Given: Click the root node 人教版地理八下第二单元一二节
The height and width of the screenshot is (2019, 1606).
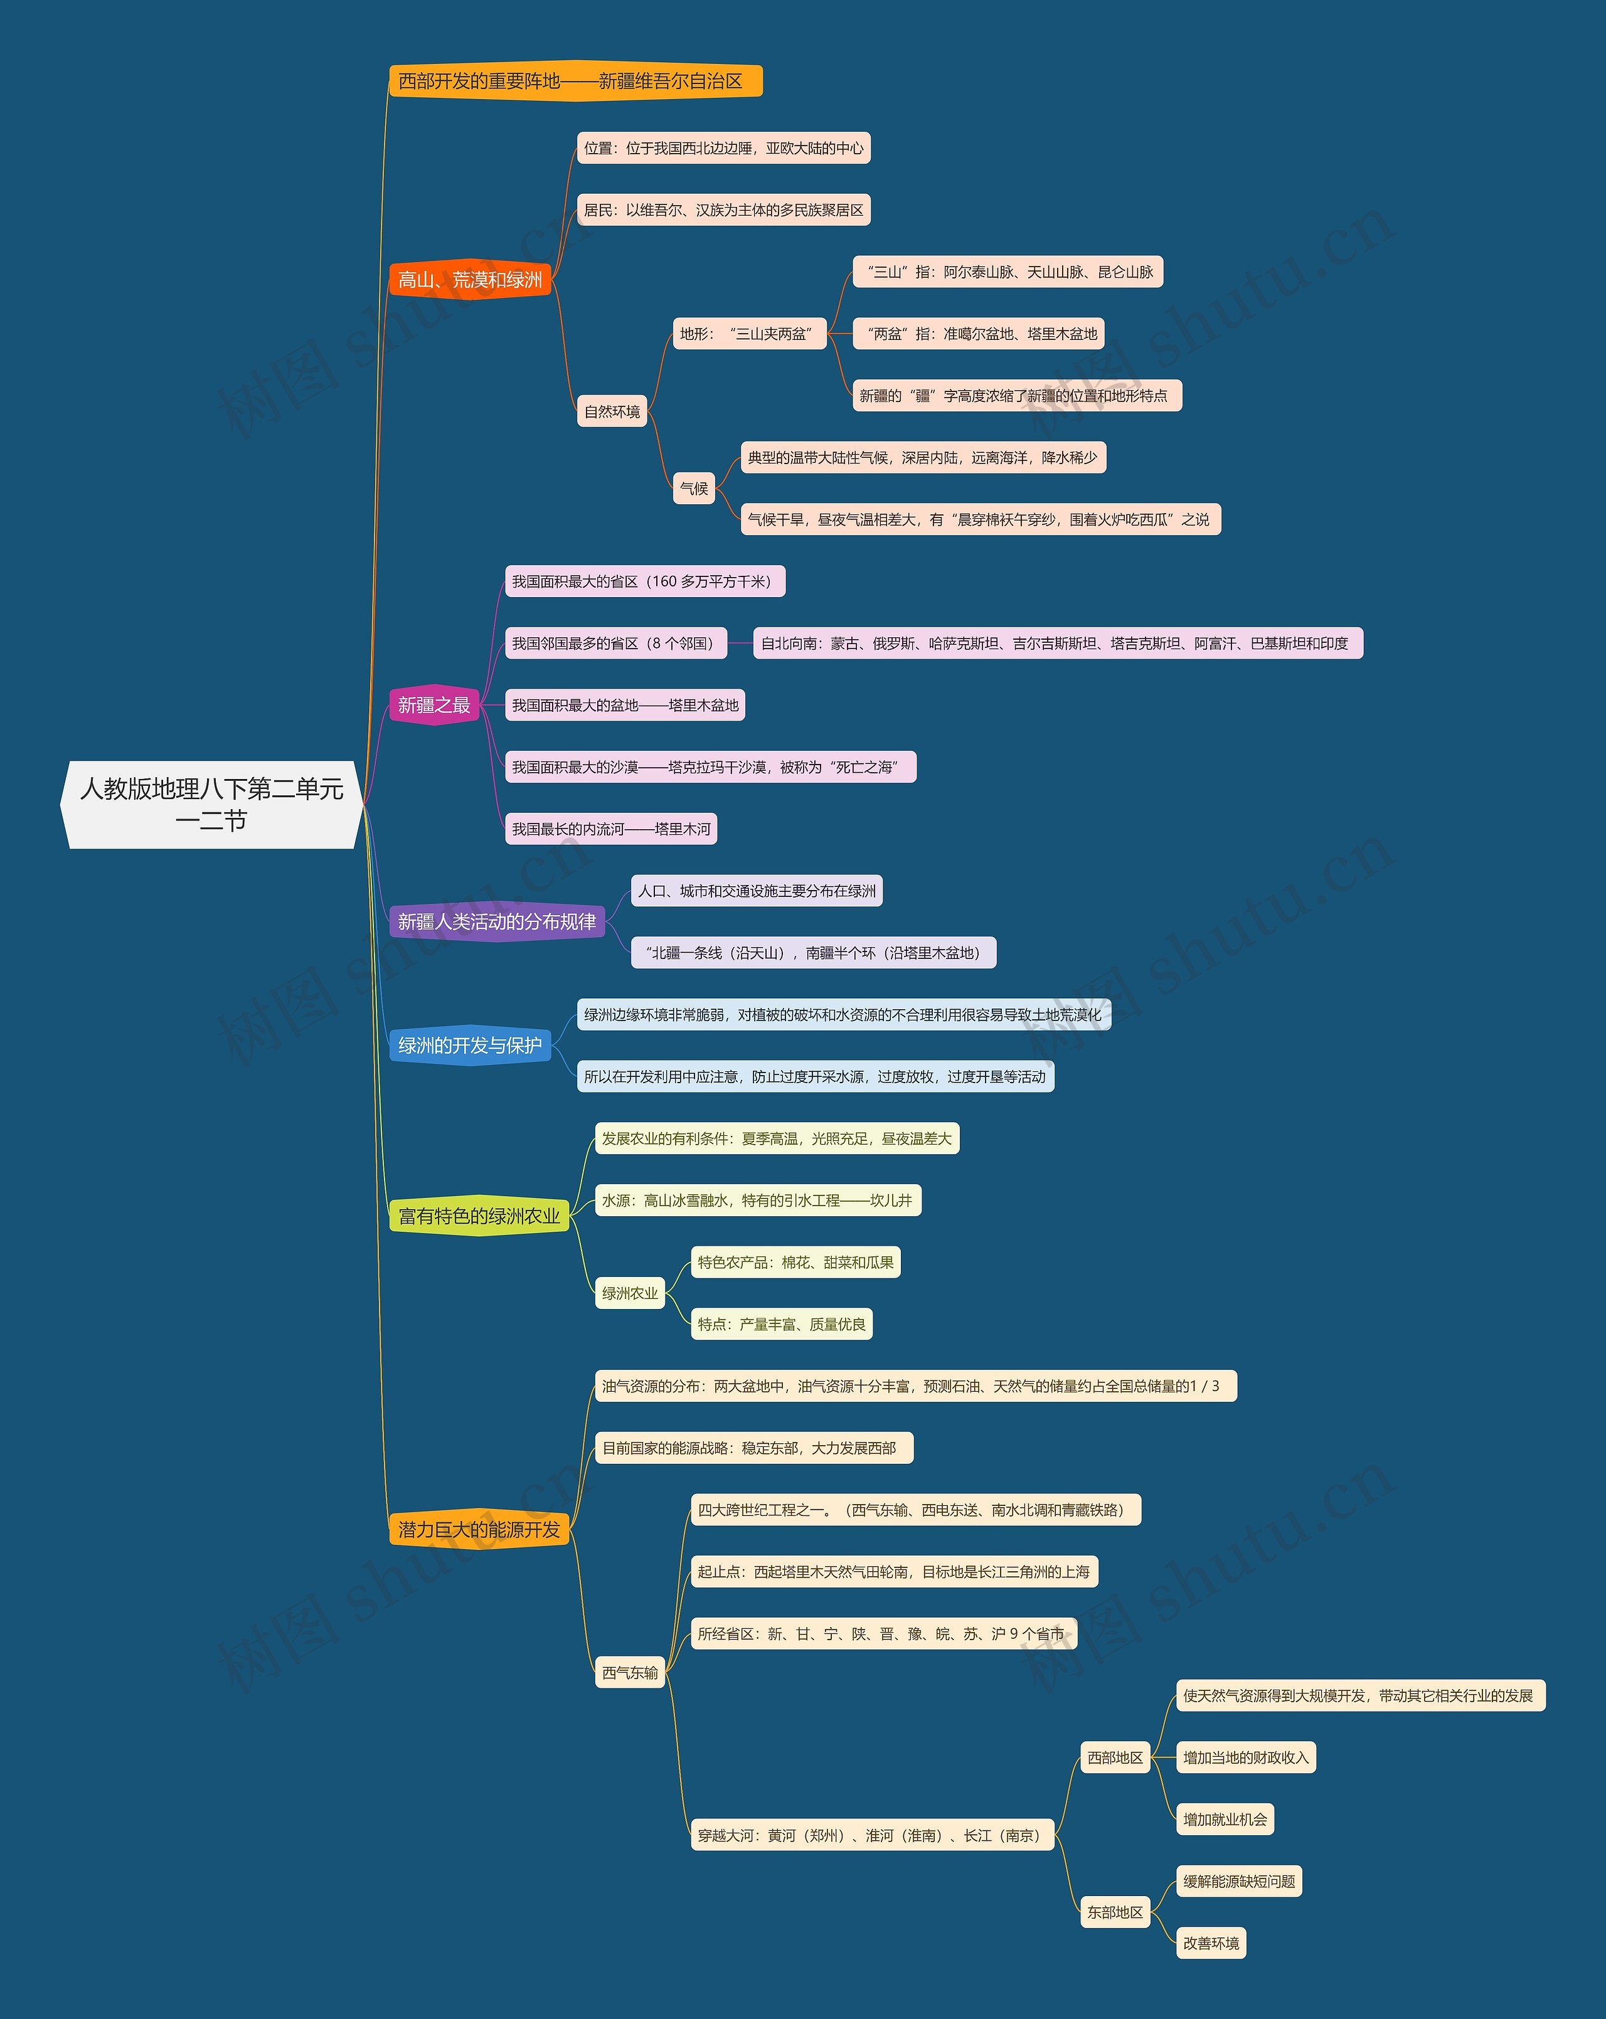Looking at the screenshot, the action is (x=211, y=805).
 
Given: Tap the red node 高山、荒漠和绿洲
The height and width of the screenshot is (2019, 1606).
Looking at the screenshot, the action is (x=470, y=280).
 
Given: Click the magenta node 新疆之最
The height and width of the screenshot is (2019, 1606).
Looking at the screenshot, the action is (x=433, y=705).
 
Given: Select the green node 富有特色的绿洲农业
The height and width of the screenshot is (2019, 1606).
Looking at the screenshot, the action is (x=479, y=1216).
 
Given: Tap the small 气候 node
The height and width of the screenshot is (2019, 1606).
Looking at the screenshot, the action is (x=694, y=489).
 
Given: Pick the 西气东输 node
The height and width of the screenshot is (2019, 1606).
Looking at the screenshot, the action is (x=629, y=1673).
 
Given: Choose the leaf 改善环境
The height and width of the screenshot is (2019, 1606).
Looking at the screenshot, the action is (x=1211, y=1943).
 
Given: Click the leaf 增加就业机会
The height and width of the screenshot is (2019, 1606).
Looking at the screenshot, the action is (x=1224, y=1820).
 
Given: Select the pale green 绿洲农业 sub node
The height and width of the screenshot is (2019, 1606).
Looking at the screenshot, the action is (x=629, y=1294).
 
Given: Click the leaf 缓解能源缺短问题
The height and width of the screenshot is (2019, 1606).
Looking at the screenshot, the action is (x=1238, y=1882).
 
